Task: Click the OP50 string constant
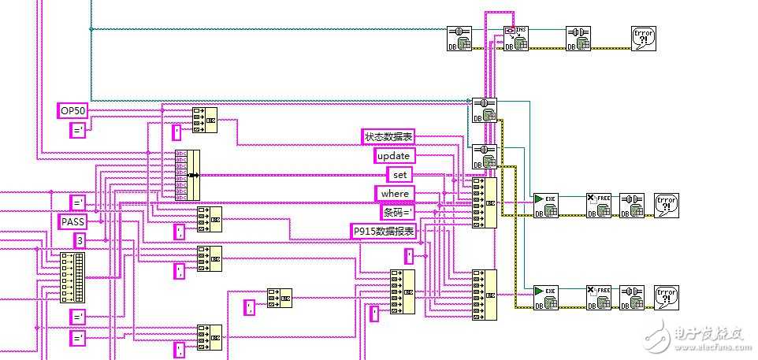click(x=73, y=111)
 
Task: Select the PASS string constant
click(x=72, y=221)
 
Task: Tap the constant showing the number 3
click(x=79, y=239)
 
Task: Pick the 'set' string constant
click(x=400, y=175)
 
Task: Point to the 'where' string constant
click(x=395, y=194)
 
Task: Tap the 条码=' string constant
click(x=398, y=213)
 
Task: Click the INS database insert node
click(x=515, y=38)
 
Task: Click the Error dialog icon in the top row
click(x=644, y=38)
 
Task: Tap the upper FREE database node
click(x=599, y=206)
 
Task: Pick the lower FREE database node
click(x=599, y=296)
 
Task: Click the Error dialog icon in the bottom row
click(x=666, y=296)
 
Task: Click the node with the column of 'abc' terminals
click(x=188, y=174)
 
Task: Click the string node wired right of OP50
click(x=205, y=121)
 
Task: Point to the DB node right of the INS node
click(x=579, y=38)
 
